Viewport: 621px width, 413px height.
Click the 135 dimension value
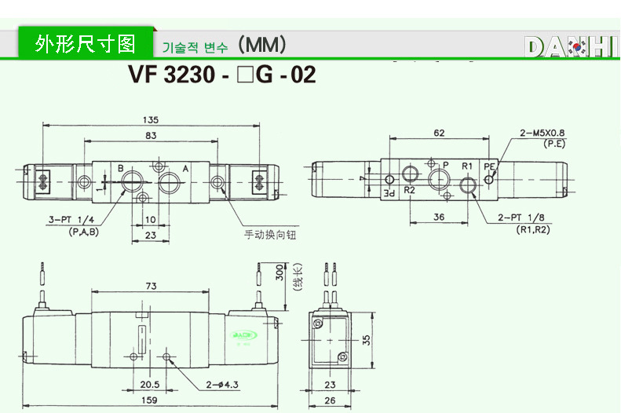152,120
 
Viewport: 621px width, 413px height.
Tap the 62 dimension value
439,133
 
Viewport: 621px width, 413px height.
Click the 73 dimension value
150,285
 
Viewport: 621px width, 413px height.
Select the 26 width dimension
330,400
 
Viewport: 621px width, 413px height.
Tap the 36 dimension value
440,217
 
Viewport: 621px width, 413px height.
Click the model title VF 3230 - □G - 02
221,75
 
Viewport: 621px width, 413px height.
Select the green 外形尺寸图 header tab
86,42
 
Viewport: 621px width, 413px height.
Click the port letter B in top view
121,168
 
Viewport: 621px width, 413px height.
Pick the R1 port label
466,166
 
